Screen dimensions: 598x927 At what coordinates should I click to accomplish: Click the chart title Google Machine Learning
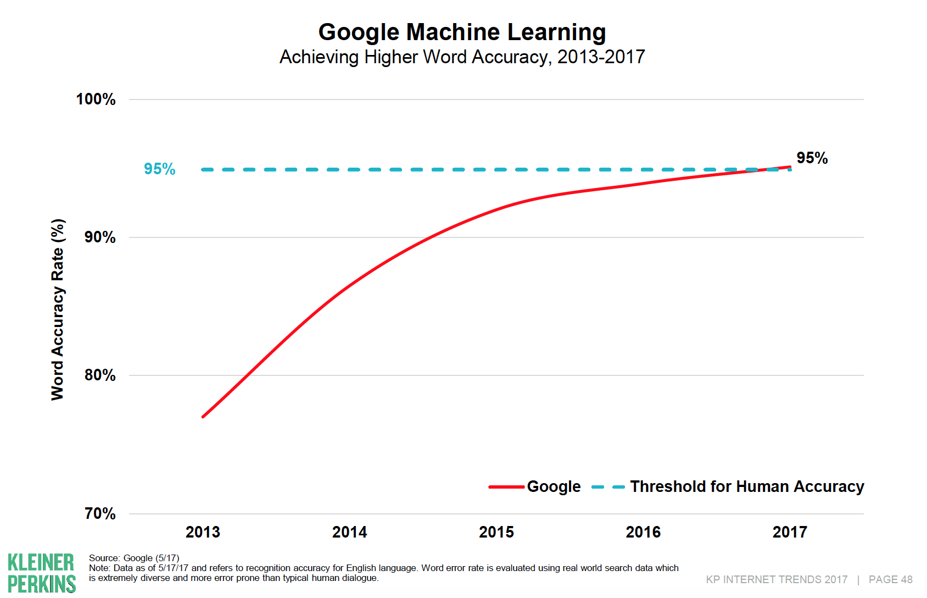tap(462, 32)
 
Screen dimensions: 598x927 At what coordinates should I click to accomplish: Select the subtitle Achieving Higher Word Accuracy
tap(462, 57)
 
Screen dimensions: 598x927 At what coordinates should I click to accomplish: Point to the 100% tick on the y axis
tap(96, 99)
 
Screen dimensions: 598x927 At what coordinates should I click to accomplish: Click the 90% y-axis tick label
tap(99, 237)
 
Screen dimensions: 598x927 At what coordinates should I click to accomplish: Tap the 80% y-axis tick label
tap(99, 375)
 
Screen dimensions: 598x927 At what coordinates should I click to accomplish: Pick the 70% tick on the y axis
tap(99, 514)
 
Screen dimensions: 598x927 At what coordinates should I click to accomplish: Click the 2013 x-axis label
tap(203, 532)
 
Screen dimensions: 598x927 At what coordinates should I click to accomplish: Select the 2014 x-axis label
tap(349, 532)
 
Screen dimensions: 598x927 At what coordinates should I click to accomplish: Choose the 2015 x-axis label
tap(496, 532)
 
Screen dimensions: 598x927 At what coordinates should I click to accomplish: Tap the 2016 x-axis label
tap(643, 532)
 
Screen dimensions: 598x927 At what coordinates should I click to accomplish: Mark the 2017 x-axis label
tap(790, 532)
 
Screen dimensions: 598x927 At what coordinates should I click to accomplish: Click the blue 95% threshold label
tap(159, 169)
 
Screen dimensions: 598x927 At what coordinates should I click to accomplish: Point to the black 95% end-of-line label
tap(812, 158)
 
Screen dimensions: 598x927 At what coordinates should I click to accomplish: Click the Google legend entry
tap(553, 487)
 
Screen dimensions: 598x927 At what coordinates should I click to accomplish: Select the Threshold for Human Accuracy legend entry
tap(746, 487)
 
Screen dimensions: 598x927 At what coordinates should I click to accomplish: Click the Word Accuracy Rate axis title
tap(58, 309)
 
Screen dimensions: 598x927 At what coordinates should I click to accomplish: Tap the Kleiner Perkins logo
tap(42, 573)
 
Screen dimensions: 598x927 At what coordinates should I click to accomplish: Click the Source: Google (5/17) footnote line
tap(134, 558)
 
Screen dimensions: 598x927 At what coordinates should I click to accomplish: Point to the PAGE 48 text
tap(890, 580)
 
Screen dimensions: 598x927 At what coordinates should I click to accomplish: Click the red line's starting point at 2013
tap(203, 417)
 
